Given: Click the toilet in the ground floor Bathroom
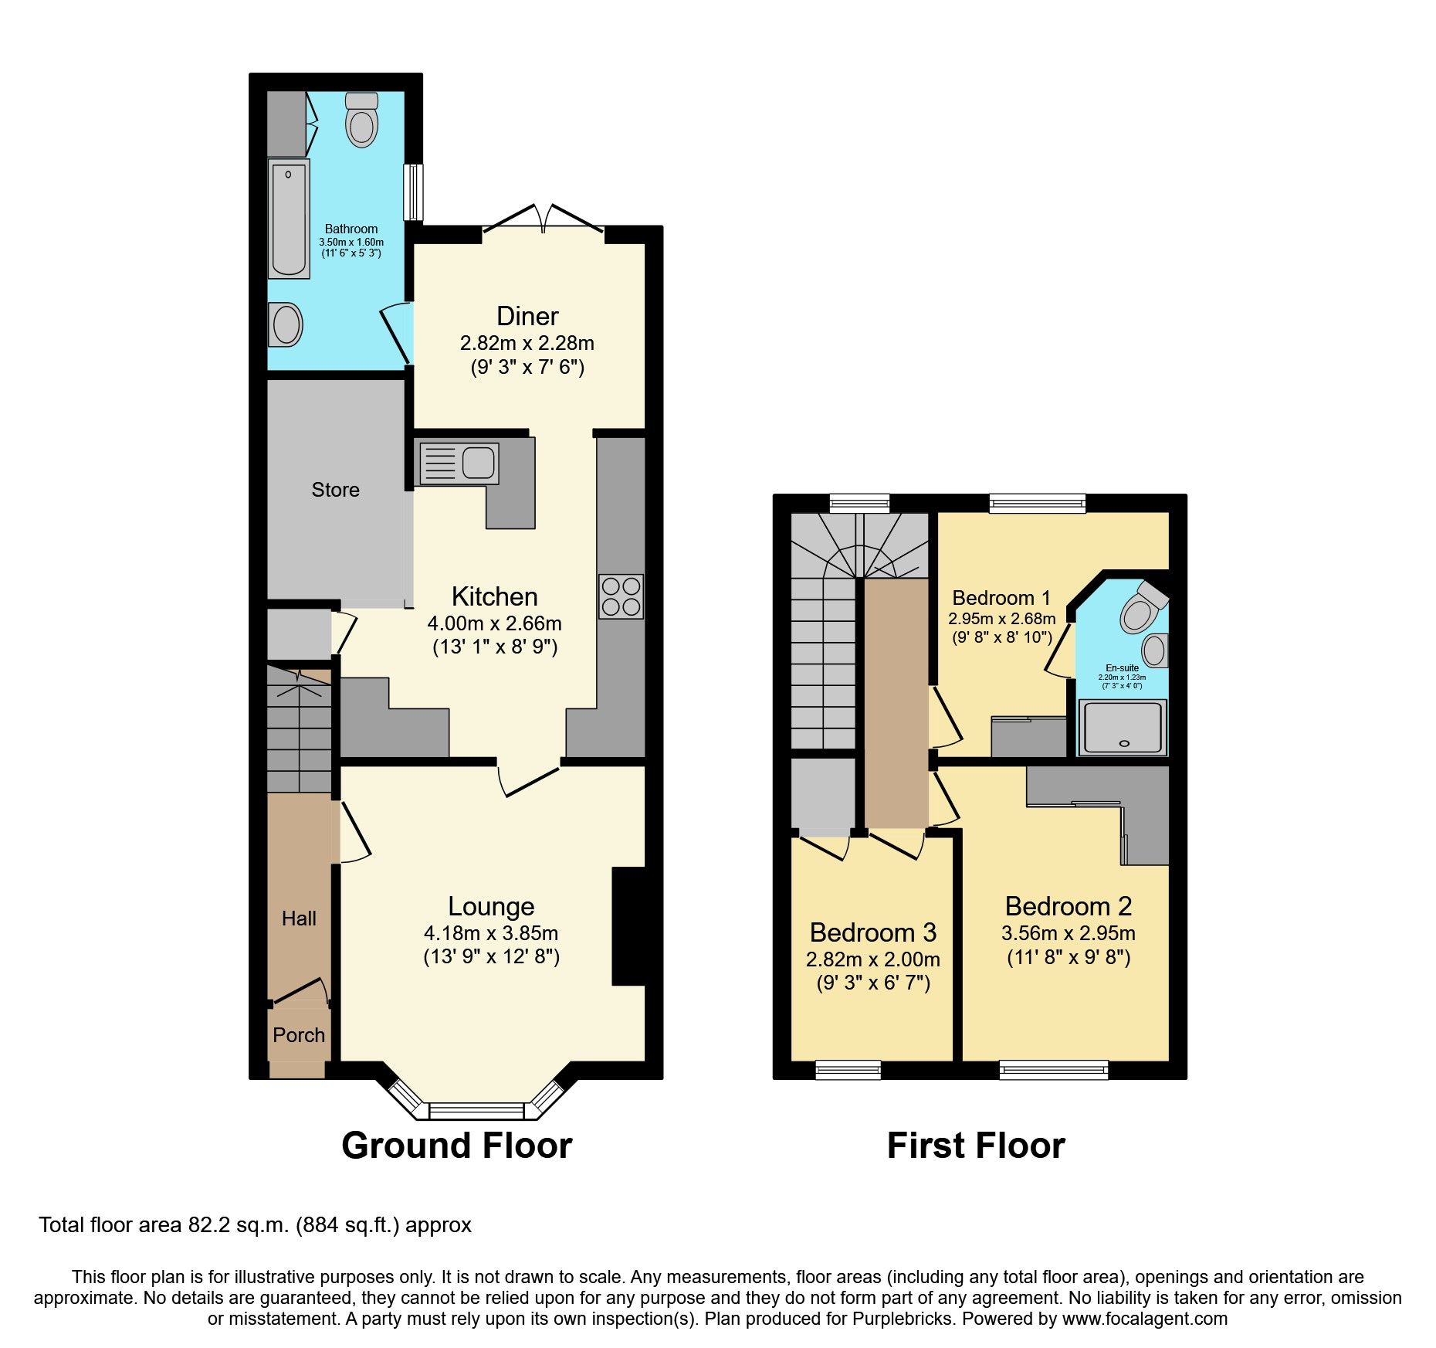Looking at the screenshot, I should tap(361, 123).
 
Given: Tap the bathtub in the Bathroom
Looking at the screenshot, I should tap(289, 219).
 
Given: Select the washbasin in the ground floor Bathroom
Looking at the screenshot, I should tap(286, 324).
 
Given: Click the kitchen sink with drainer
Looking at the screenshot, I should tap(458, 463).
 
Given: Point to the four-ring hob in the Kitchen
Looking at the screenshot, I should tap(621, 596).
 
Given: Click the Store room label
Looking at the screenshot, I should tap(335, 490).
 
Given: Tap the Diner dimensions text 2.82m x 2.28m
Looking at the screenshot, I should tap(527, 343).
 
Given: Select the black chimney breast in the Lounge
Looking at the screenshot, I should tap(628, 926).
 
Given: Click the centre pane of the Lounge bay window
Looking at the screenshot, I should tap(476, 1111).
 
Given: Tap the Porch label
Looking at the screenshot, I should tap(299, 1035).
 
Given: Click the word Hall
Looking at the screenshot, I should tap(299, 918).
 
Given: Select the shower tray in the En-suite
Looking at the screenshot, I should tap(1123, 726).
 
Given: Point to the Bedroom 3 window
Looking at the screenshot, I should tap(848, 1069).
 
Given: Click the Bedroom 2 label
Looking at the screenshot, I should tap(1068, 906).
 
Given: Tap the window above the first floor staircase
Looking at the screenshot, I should tap(859, 504).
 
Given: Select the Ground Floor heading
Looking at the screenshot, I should tap(457, 1146).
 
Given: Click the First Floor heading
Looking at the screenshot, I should tap(976, 1146).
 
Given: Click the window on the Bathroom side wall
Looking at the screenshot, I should tap(415, 192).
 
